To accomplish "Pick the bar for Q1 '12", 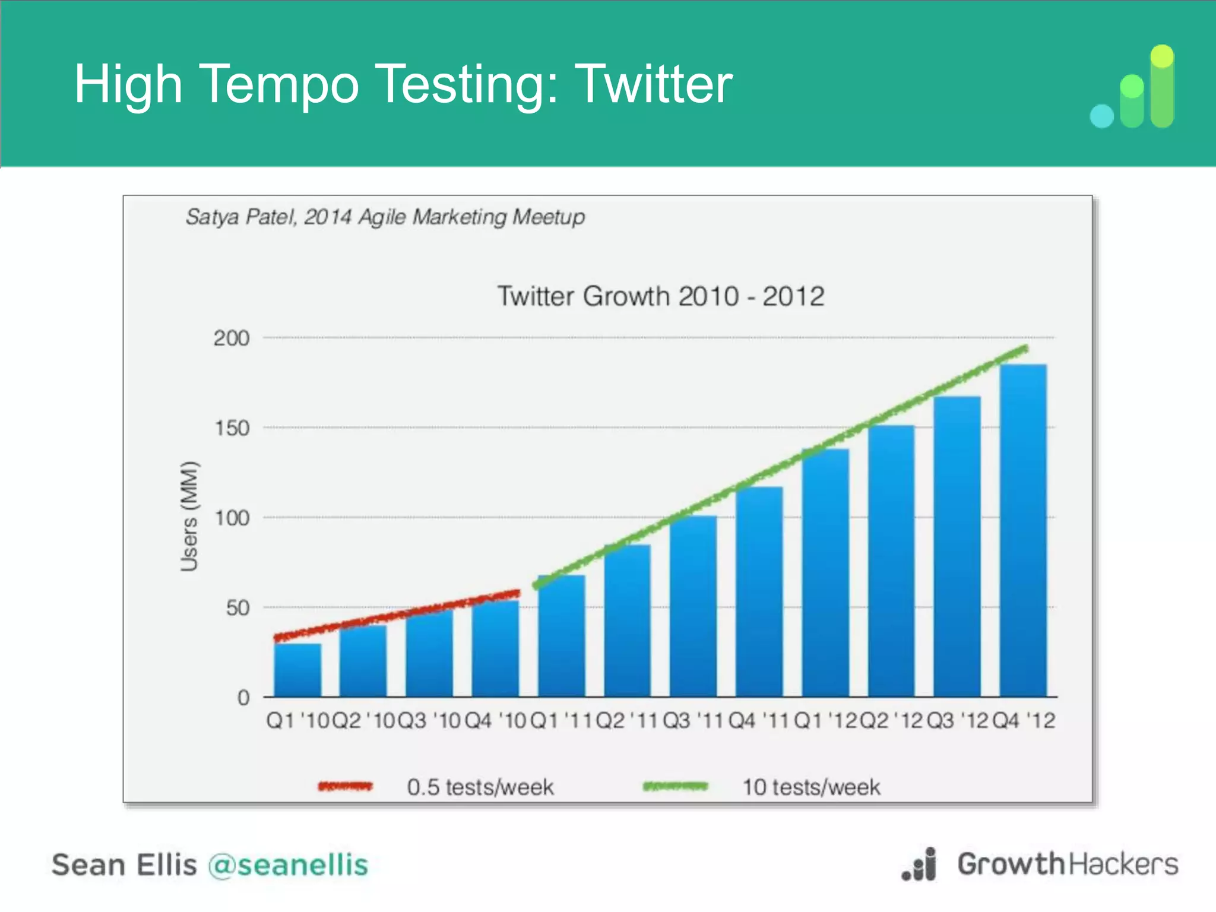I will [825, 572].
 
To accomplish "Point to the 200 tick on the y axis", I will [232, 338].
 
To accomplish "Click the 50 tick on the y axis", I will [237, 608].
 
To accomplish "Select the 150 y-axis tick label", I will [232, 428].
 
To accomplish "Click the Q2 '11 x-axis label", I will [627, 721].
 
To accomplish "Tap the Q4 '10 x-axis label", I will [495, 721].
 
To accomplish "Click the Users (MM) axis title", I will [189, 516].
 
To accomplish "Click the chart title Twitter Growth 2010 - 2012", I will [660, 296].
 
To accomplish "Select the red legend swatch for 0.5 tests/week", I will [345, 787].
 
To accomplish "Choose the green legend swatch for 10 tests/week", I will [675, 787].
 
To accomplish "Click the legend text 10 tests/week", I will [811, 787].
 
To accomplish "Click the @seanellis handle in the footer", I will [289, 864].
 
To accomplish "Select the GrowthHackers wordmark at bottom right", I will [1067, 864].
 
